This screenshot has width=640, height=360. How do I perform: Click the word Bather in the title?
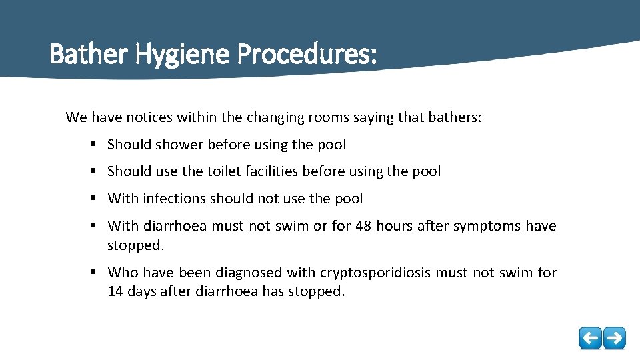(89, 55)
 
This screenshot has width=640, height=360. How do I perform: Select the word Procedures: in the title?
(306, 55)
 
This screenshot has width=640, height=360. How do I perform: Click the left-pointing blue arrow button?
(590, 338)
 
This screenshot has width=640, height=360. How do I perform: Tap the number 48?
(363, 226)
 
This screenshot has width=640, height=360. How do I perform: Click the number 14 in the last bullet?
(116, 291)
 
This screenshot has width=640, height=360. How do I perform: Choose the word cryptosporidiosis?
(396, 273)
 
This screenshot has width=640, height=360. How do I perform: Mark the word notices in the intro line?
(132, 118)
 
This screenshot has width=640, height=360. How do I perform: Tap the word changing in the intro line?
(275, 118)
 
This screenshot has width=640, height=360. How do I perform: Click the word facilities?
(267, 171)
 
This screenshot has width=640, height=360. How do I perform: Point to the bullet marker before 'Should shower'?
(93, 145)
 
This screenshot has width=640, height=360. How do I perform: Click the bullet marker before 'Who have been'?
(93, 273)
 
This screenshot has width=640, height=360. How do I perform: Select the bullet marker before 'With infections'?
(93, 199)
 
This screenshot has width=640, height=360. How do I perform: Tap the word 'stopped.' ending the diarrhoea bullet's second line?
(135, 245)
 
